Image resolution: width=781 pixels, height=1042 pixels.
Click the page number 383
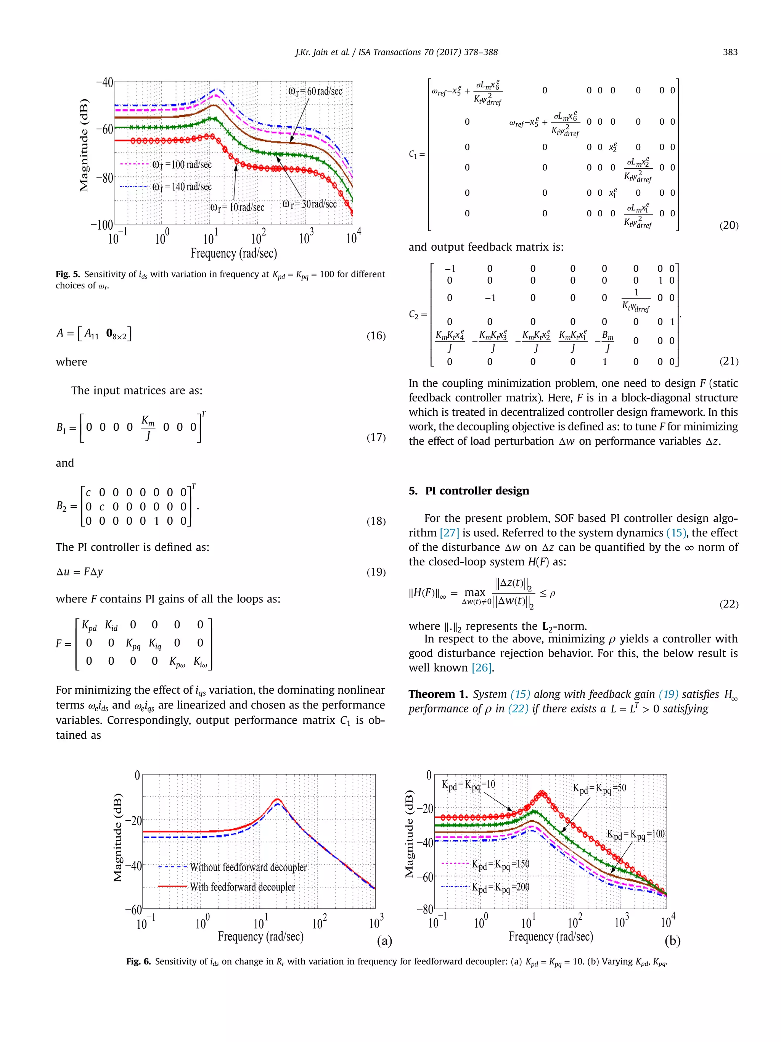pyautogui.click(x=730, y=52)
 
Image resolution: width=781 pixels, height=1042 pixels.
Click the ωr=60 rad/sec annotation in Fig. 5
pyautogui.click(x=315, y=92)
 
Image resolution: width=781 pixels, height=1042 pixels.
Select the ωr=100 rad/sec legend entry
pyautogui.click(x=182, y=165)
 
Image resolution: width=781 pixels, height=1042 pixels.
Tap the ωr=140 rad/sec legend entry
pyautogui.click(x=182, y=187)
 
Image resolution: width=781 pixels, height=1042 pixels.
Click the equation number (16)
pyautogui.click(x=376, y=335)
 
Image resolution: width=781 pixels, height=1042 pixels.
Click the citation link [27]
pyautogui.click(x=449, y=533)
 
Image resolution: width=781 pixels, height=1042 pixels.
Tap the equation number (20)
pyautogui.click(x=729, y=225)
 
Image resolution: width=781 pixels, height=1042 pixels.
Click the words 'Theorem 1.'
pyautogui.click(x=438, y=694)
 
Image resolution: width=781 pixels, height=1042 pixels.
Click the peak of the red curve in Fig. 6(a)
pyautogui.click(x=278, y=799)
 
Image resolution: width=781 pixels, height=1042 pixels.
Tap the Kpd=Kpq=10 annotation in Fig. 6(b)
pyautogui.click(x=468, y=785)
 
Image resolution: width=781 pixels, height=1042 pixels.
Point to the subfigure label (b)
pyautogui.click(x=672, y=941)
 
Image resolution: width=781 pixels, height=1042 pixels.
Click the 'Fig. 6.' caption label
pyautogui.click(x=138, y=961)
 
